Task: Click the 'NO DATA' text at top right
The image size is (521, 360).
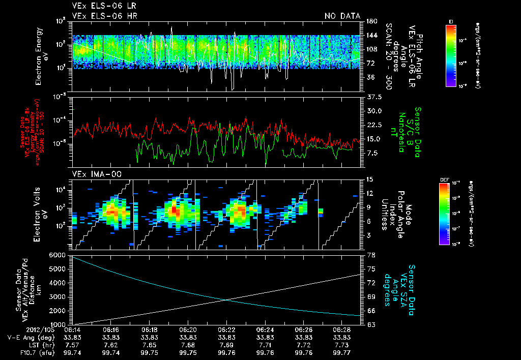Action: point(342,16)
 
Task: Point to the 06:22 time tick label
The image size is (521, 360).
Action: point(227,329)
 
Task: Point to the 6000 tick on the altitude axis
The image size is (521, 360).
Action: point(58,255)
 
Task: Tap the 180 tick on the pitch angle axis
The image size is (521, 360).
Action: point(371,21)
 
